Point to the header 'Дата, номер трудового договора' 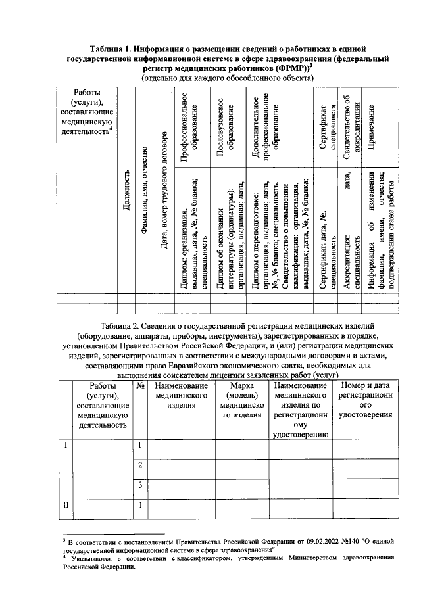point(164,191)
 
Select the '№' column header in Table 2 point(140,387)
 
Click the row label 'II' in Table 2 point(65,505)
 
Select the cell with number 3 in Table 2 point(140,485)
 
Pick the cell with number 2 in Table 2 point(140,465)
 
